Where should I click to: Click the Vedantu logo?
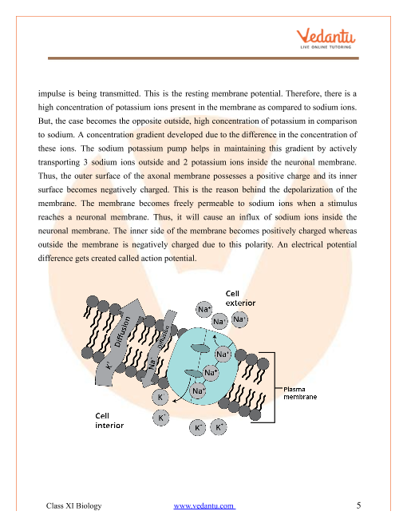click(326, 39)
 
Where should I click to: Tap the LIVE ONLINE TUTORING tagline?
click(326, 47)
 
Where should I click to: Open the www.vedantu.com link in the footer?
click(204, 505)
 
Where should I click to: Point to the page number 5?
click(358, 505)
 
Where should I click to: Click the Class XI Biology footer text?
click(73, 505)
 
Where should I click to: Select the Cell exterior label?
click(240, 298)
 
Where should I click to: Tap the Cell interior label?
click(109, 421)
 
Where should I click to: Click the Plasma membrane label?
click(300, 393)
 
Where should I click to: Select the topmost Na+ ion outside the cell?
click(203, 309)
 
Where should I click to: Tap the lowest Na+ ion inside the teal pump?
click(198, 391)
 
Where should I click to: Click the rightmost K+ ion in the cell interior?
click(219, 427)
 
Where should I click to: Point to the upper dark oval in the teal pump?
click(200, 348)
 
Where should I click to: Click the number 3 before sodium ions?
click(85, 162)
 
